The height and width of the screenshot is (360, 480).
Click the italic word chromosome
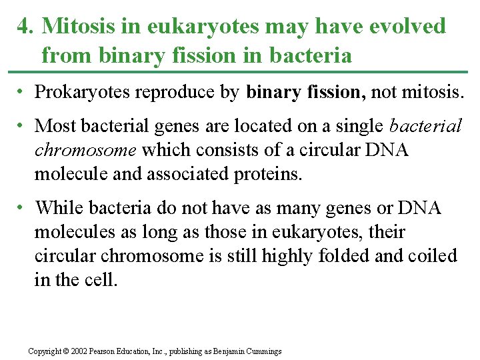[86, 150]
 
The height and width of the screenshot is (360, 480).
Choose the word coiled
[435, 256]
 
